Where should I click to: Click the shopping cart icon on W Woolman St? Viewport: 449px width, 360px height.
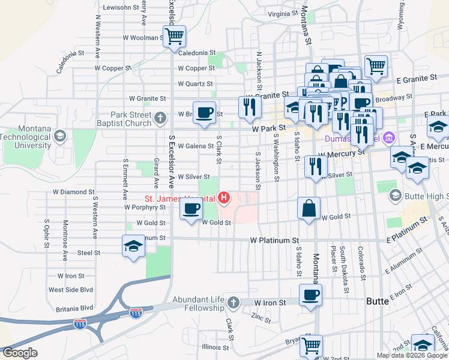click(174, 36)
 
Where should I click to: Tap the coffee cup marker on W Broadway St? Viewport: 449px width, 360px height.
click(205, 112)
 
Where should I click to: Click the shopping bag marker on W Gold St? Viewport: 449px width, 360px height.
click(309, 208)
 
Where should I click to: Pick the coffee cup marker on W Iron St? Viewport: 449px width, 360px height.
click(311, 295)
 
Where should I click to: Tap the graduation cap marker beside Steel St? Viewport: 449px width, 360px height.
click(133, 246)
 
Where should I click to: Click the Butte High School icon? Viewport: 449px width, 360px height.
click(395, 195)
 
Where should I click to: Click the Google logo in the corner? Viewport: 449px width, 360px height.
click(19, 353)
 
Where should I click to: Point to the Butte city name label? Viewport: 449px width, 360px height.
click(379, 299)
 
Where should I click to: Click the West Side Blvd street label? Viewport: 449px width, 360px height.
click(71, 290)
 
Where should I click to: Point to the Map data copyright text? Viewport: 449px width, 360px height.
click(412, 355)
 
